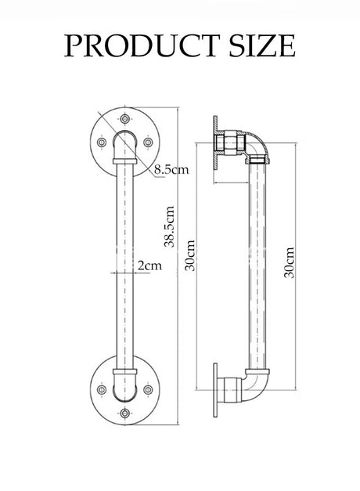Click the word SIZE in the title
click(262, 45)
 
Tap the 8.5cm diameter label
click(171, 170)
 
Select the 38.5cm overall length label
click(169, 226)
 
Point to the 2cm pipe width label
click(150, 265)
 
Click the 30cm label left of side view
click(189, 255)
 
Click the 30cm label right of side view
click(289, 262)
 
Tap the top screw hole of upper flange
click(125, 119)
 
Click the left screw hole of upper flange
click(102, 143)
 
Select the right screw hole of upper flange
click(148, 143)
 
